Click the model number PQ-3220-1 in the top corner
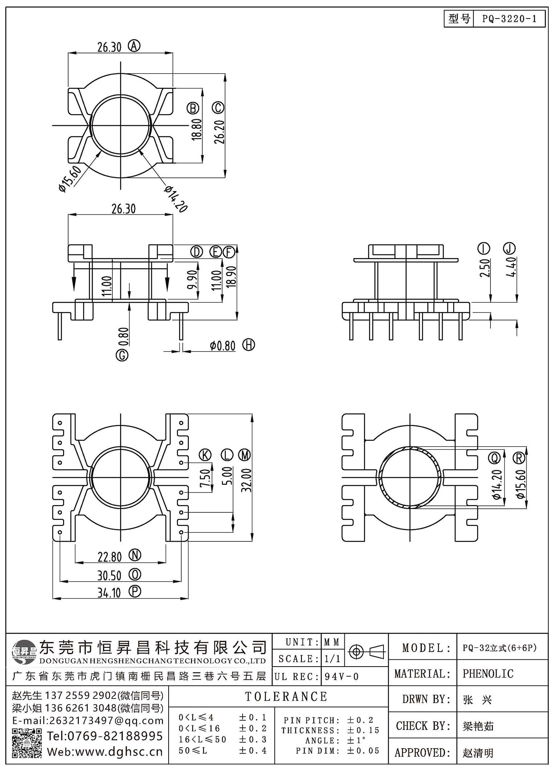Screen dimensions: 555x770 [x=509, y=19]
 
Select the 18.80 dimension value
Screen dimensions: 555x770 [x=196, y=130]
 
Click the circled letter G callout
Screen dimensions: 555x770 [x=122, y=355]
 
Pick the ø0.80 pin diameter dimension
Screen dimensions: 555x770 [x=223, y=345]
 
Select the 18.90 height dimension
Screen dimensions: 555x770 [x=231, y=277]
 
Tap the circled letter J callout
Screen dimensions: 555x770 [x=509, y=249]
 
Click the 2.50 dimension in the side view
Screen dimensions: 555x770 [x=485, y=268]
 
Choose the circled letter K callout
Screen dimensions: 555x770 [x=206, y=455]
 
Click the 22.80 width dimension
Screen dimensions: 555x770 [x=109, y=557]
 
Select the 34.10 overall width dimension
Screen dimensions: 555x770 [x=109, y=593]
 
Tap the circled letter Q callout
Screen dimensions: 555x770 [x=495, y=458]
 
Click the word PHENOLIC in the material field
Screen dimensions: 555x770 [x=488, y=674]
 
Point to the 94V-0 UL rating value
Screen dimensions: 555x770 [x=341, y=676]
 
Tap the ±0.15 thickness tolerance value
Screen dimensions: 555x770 [x=363, y=730]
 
